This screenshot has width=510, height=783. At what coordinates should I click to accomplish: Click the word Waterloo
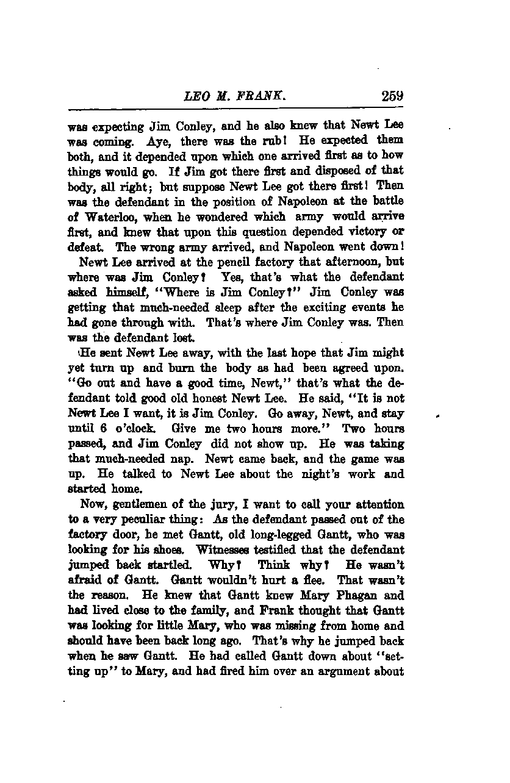coord(104,216)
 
